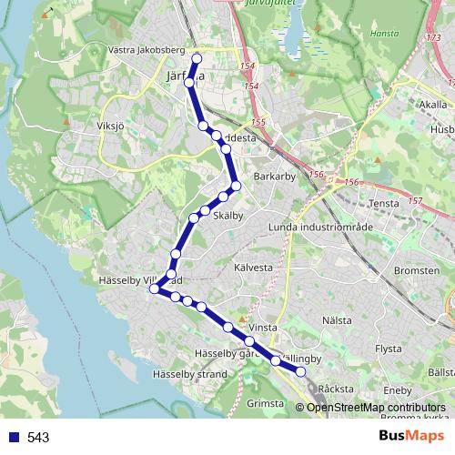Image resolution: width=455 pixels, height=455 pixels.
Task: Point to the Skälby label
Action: point(227,216)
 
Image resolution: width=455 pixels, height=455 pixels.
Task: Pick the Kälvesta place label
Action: point(253,268)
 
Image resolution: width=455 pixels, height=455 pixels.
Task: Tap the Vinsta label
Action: point(263,326)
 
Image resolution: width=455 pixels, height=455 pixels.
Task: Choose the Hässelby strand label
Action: point(189,374)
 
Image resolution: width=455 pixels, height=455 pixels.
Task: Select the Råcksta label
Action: point(336,389)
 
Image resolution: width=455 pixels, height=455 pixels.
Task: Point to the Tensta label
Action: point(385,203)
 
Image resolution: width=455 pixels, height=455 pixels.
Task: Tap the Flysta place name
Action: point(389,348)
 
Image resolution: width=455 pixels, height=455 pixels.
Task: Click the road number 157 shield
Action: point(416,201)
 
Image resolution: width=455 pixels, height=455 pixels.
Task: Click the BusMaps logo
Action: point(411,437)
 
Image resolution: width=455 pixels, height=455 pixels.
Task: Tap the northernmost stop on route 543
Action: point(196,58)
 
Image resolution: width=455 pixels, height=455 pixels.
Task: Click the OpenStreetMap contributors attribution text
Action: point(376,408)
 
